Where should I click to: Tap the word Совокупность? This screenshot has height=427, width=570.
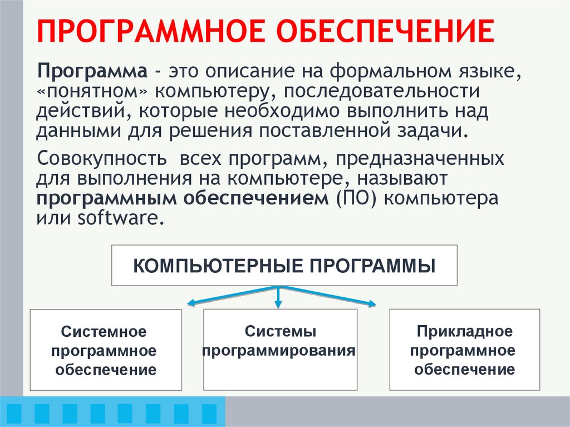point(101,159)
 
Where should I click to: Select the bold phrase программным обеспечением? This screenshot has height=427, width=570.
point(183,198)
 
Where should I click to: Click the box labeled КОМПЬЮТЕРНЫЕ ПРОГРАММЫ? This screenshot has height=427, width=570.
point(284,265)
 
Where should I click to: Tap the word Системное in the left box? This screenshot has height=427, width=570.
point(104,332)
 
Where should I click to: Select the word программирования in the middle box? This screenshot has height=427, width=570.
point(279,351)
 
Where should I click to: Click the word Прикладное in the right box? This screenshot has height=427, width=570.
point(464,332)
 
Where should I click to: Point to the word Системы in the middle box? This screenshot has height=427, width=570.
point(281,332)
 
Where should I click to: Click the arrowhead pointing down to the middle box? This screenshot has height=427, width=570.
point(278,305)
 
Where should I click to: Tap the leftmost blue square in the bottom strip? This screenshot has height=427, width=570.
point(12,413)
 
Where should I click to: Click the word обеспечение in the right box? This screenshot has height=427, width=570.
point(464,370)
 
